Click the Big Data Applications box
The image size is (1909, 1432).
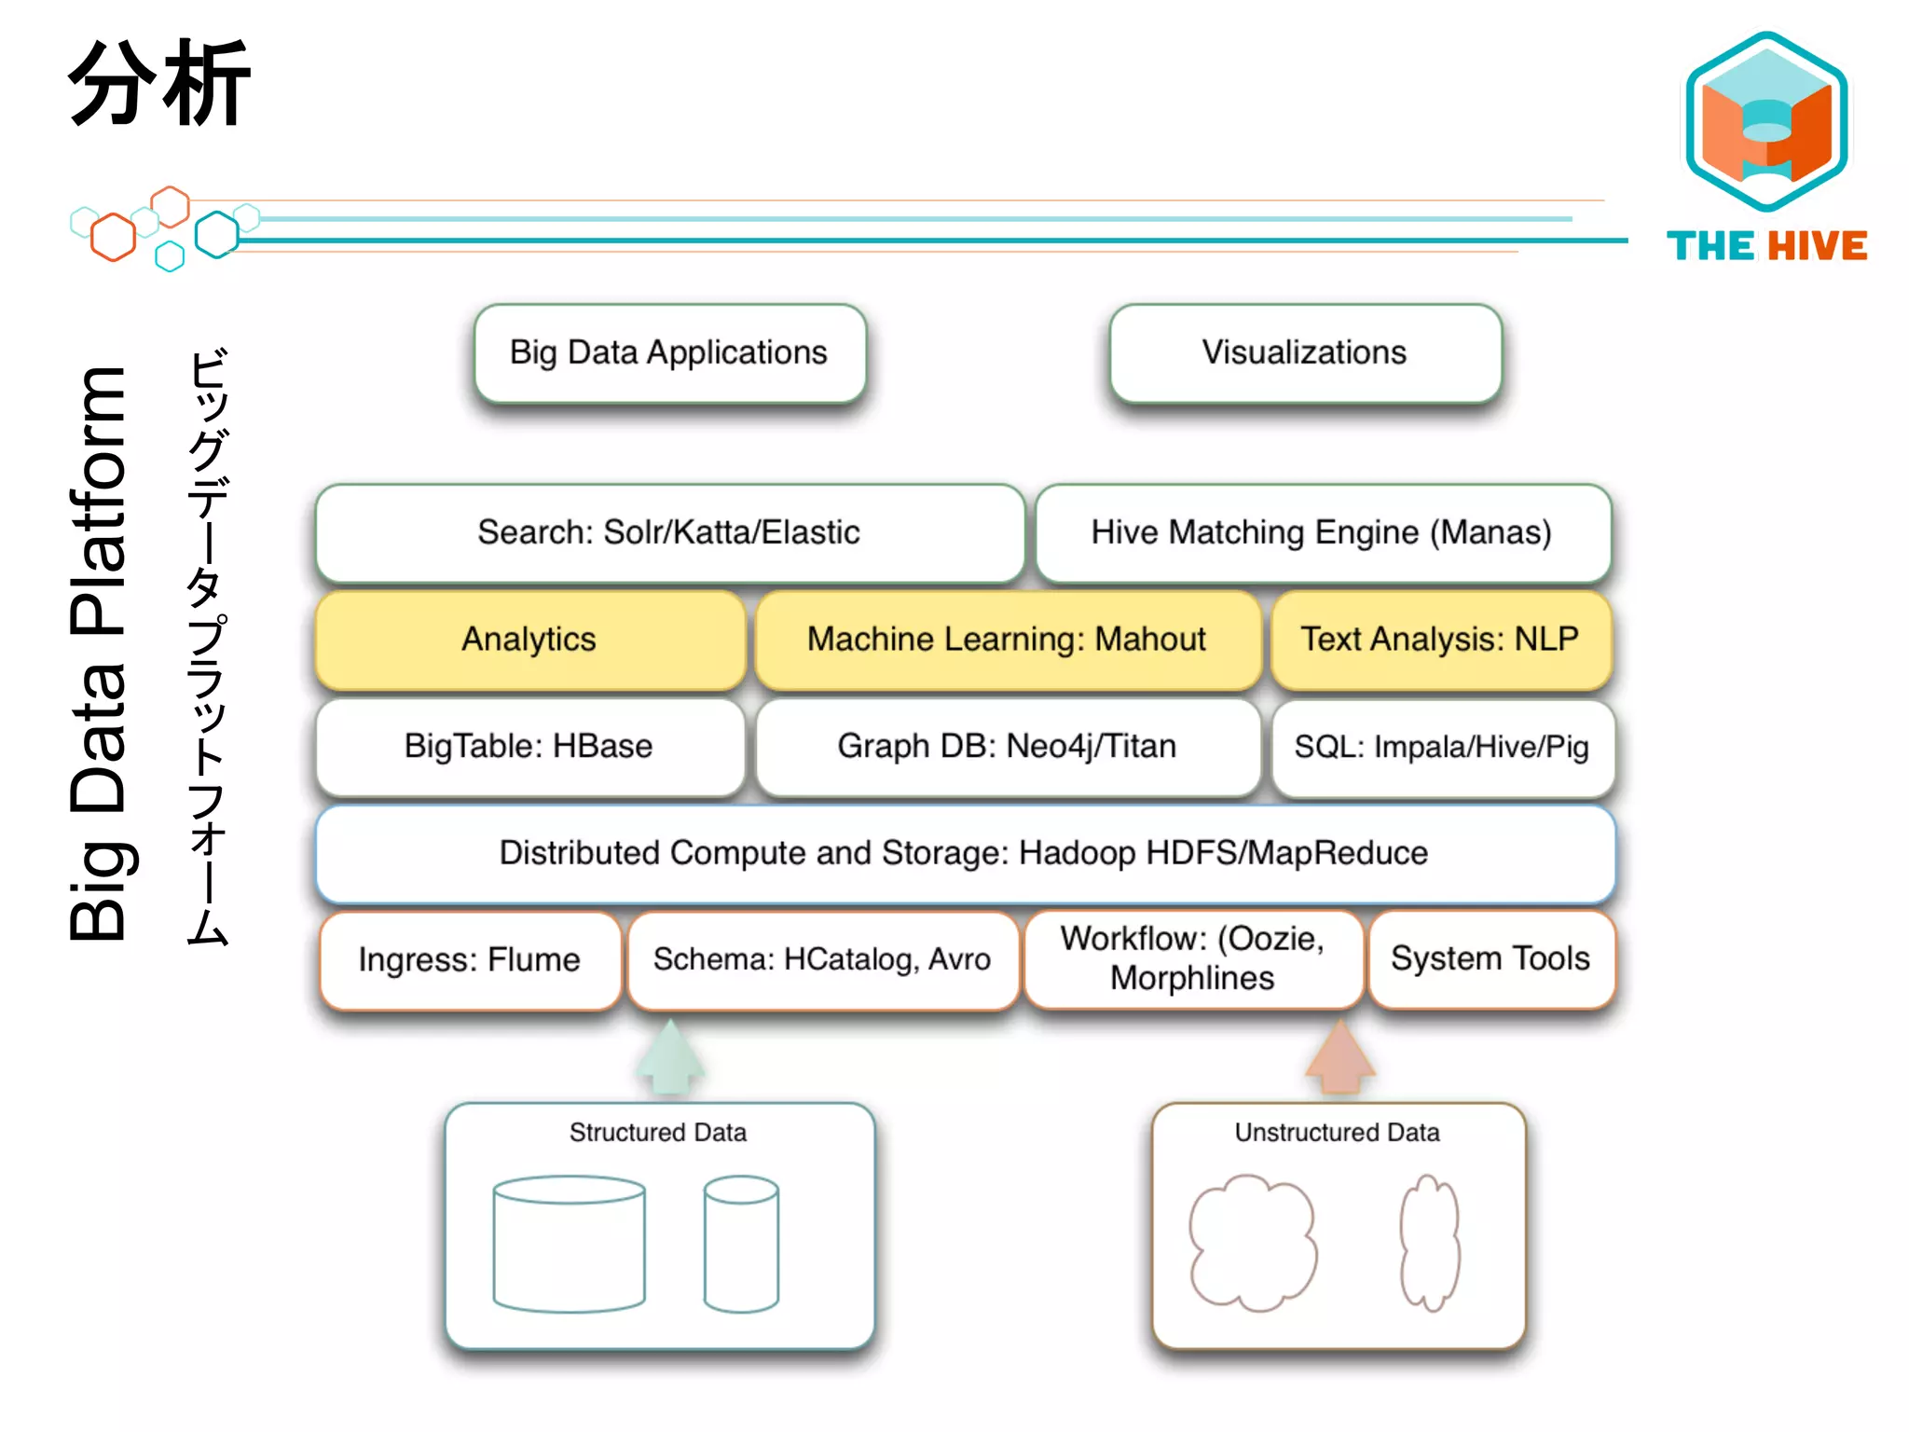coord(669,353)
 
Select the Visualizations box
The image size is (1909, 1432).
coord(1305,353)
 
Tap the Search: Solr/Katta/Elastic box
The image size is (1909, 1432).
coord(669,533)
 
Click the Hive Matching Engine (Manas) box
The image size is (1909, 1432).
coord(1322,533)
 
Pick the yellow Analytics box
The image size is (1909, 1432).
coord(529,640)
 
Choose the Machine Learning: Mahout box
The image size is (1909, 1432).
coord(1007,640)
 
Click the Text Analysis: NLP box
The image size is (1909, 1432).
coord(1440,640)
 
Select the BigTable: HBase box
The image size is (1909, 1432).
coord(529,747)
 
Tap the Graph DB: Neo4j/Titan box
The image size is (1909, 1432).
coord(1007,747)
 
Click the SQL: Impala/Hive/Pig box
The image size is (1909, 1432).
coord(1442,747)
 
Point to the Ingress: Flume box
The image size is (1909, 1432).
coord(470,960)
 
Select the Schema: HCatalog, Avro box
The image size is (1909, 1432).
coord(822,960)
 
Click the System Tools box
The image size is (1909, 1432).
coord(1490,959)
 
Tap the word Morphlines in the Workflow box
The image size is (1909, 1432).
coord(1192,979)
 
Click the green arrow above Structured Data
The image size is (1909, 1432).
coord(670,1058)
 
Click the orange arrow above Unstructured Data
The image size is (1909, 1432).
coord(1339,1058)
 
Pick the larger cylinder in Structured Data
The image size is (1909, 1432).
coord(569,1245)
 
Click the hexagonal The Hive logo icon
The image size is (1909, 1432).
coord(1766,121)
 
